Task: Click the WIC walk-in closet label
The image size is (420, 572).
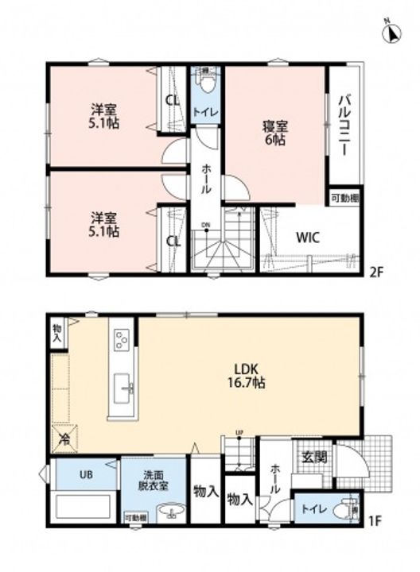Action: point(309,238)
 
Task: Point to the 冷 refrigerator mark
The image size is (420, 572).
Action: point(62,438)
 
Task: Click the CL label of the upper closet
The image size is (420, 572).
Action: point(171,100)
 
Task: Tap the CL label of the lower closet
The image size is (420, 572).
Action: point(171,241)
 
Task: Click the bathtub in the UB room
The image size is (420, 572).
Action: point(82,506)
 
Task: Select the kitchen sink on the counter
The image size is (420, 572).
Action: point(126,388)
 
